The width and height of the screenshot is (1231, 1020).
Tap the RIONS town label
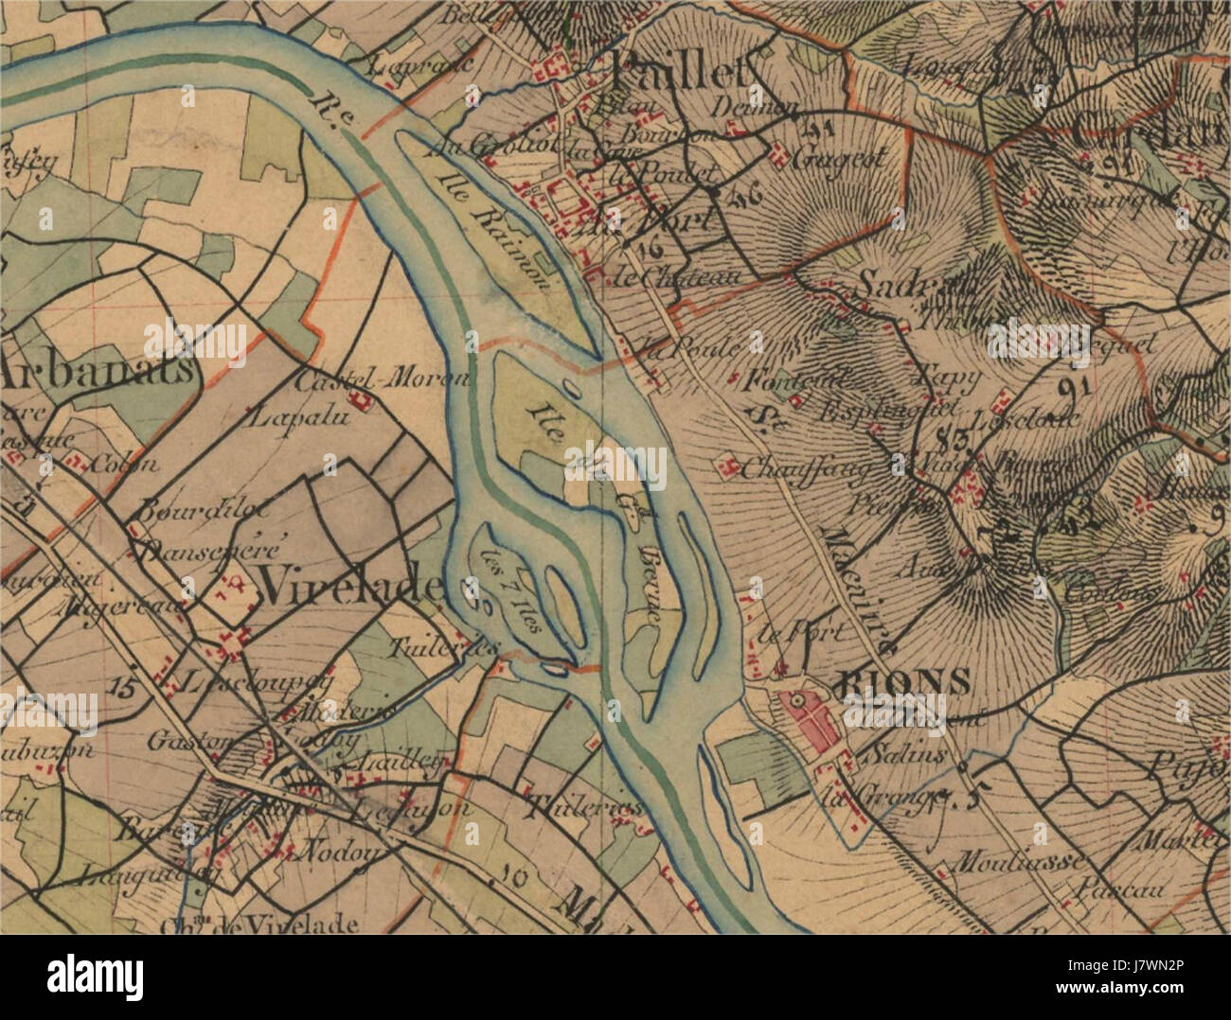[x=905, y=681]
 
